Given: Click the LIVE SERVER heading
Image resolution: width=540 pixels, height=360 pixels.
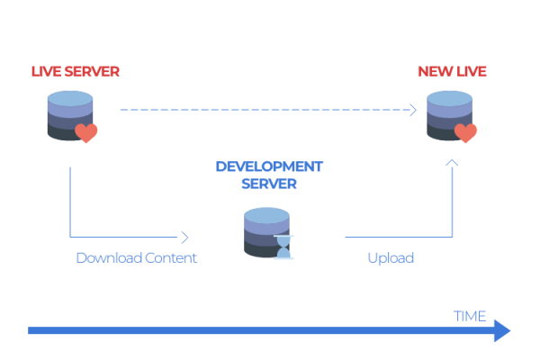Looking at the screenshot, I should pos(75,71).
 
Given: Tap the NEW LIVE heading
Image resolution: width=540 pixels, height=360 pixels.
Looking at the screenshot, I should pos(452,71).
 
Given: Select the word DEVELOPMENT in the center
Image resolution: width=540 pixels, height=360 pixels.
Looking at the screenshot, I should pos(269,166).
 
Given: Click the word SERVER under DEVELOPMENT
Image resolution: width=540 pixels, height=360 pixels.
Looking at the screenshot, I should pos(269,184).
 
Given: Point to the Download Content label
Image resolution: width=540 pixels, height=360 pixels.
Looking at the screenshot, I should pos(136,258).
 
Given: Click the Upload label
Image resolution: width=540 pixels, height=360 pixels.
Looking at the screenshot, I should pos(391,258).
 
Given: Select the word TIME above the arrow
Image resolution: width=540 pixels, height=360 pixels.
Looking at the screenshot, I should pos(469,316).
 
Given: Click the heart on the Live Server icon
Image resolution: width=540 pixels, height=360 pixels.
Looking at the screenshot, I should pos(85,133).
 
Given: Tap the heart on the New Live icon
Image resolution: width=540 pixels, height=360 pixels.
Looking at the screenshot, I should pos(465,133).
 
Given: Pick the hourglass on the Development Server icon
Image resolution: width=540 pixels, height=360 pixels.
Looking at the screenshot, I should pos(284,247).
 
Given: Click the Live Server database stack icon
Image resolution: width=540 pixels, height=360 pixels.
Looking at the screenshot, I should pos(69,115).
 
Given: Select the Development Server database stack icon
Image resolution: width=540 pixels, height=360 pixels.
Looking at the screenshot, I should pos(266,232).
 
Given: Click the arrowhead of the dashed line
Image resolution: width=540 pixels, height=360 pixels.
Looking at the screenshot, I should pos(411,110).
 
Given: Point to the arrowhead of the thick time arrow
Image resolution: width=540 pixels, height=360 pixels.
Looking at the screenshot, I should pos(501,331).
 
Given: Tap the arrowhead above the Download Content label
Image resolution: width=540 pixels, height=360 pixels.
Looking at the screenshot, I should pos(185,238).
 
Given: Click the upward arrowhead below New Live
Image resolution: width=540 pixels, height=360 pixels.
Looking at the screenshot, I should pos(452,163).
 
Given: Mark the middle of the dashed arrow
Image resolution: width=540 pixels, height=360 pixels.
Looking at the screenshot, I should pos(266,110).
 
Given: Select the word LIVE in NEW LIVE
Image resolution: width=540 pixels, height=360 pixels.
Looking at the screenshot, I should pos(471,71).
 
